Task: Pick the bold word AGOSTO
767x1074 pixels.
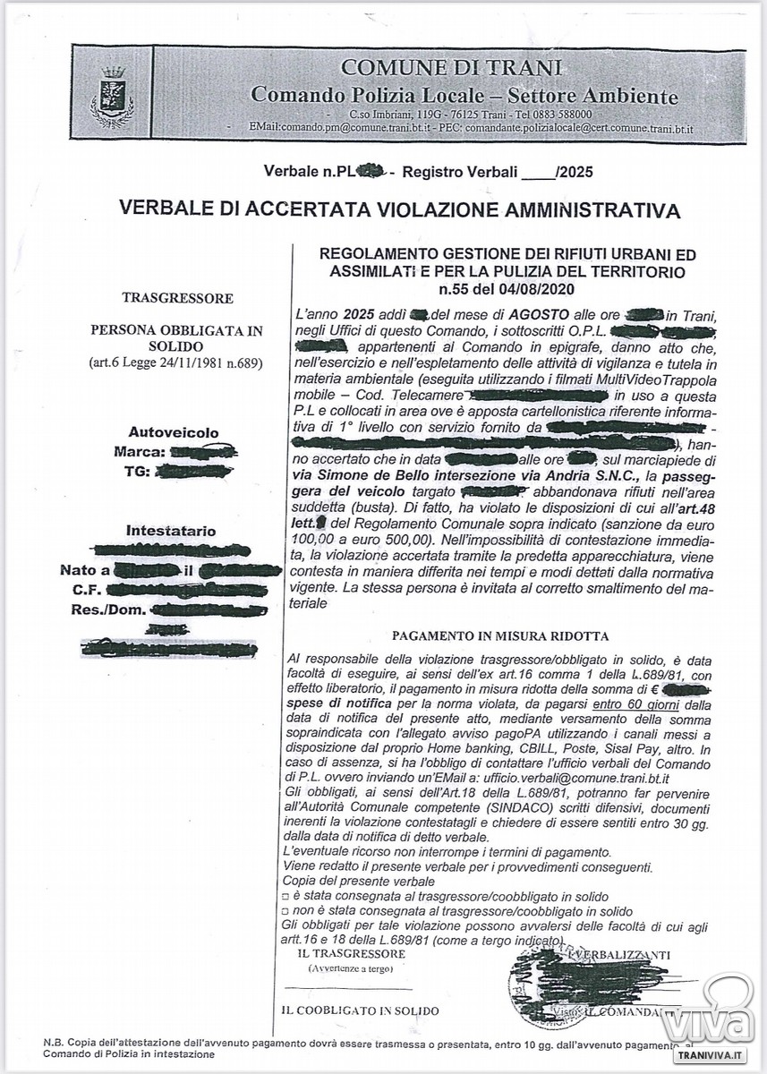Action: (x=535, y=315)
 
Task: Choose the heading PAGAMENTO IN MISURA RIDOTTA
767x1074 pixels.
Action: (x=501, y=636)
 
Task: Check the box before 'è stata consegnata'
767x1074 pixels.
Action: (x=285, y=897)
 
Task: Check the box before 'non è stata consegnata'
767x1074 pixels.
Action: (x=285, y=910)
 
